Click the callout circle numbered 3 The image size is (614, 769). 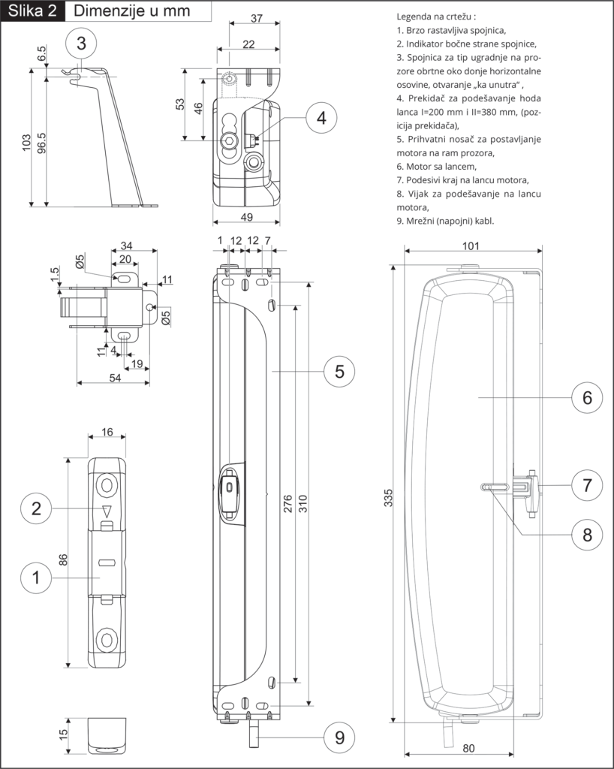click(x=82, y=43)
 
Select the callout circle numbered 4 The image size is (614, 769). click(x=321, y=118)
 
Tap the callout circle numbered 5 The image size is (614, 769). click(x=339, y=371)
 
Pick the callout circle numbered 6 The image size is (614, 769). click(x=587, y=397)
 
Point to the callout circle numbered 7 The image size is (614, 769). click(x=587, y=484)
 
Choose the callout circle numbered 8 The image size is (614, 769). click(x=587, y=534)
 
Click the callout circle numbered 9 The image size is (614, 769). click(x=339, y=737)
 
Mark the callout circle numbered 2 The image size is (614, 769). click(x=37, y=508)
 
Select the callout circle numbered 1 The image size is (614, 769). click(x=37, y=578)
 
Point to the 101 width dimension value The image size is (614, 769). click(x=471, y=246)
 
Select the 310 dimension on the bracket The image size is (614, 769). click(x=303, y=505)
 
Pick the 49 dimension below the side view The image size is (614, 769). click(x=246, y=217)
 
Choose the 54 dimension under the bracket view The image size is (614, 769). click(x=116, y=378)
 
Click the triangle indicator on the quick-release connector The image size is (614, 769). click(x=107, y=511)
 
